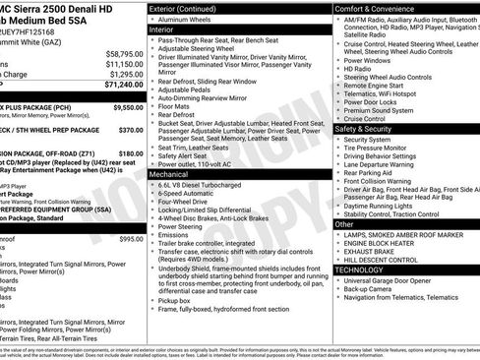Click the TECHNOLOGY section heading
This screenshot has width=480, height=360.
click(359, 269)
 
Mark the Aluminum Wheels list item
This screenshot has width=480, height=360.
click(189, 19)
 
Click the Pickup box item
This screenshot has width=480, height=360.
click(175, 328)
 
